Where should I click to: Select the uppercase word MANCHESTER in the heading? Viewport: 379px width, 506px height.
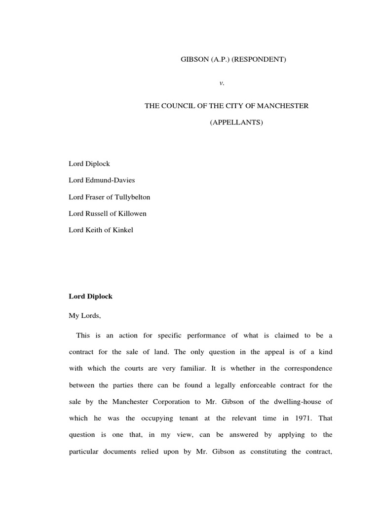284,106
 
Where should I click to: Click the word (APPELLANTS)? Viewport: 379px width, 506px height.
236,122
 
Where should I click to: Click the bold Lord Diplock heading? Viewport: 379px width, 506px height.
91,296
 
